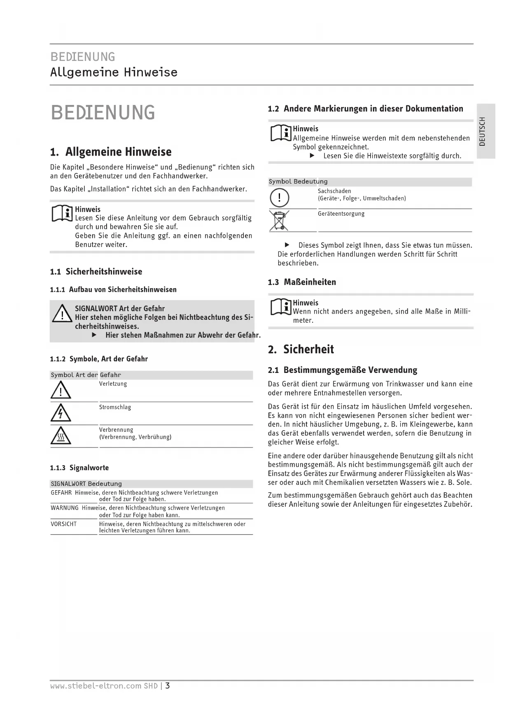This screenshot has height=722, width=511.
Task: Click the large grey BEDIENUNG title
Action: tap(103, 113)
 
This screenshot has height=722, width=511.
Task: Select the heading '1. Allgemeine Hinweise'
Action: tap(110, 152)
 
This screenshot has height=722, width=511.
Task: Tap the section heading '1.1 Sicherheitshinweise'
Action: tap(96, 272)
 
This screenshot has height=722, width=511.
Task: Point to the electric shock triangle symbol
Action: tap(61, 413)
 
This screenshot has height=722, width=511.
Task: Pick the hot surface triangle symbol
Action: tap(61, 436)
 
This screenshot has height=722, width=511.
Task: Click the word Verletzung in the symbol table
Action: tap(113, 384)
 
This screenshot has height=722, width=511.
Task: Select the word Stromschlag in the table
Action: tap(115, 407)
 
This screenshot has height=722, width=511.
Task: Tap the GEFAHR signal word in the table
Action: tap(61, 493)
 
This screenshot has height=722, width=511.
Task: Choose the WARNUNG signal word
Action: tap(65, 508)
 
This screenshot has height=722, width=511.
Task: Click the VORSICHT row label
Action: tap(63, 524)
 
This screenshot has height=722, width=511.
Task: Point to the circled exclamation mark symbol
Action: tap(279, 198)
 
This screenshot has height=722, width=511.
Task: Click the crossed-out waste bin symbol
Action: tap(279, 220)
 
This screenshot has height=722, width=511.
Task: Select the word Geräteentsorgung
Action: tap(341, 214)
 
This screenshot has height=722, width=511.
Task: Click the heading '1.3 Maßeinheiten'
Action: tap(302, 282)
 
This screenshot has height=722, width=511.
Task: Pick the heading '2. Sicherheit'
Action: tap(301, 349)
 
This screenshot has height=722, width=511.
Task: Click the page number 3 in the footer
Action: tap(168, 686)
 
